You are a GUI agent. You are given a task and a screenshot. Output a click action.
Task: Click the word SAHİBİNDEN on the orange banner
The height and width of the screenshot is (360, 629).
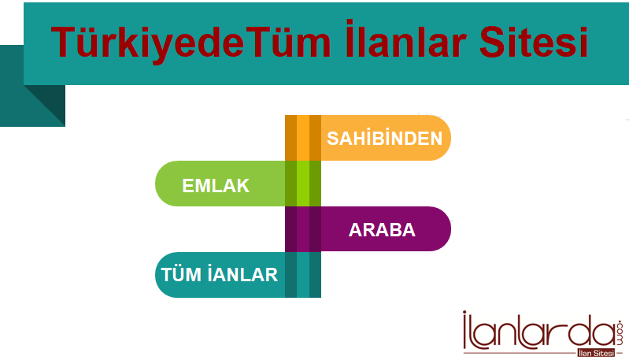(384, 138)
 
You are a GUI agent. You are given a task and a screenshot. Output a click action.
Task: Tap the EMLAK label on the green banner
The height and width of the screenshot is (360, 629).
(216, 185)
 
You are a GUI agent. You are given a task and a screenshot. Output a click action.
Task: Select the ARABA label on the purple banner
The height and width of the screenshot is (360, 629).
(382, 230)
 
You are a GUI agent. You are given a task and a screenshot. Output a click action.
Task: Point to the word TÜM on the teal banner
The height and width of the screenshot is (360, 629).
(181, 274)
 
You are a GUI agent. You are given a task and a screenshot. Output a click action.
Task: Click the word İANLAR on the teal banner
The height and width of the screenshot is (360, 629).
(242, 274)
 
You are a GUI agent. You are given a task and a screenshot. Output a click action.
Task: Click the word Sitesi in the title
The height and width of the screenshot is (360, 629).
(534, 41)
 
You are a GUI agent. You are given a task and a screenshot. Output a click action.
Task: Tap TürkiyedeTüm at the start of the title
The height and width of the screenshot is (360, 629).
(191, 43)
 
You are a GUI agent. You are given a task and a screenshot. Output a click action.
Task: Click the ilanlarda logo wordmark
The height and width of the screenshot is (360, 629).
(538, 331)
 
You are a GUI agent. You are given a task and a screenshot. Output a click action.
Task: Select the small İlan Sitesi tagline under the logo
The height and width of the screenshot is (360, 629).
(596, 353)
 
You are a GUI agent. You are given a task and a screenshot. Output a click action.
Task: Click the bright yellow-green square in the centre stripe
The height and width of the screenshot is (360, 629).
(303, 184)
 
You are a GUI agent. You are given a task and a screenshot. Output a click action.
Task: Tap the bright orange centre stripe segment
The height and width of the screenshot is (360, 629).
(303, 138)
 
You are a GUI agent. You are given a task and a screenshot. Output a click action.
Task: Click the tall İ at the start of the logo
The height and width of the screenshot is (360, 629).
(465, 330)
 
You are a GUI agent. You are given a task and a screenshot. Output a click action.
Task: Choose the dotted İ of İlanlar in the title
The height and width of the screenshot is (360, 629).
(350, 39)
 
